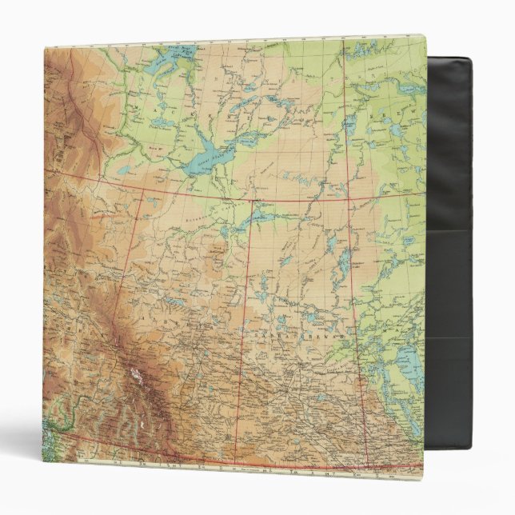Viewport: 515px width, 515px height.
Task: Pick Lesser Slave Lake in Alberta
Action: [x=175, y=301]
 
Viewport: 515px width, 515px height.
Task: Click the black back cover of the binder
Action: [x=448, y=240]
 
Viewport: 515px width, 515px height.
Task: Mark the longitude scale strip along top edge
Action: [x=240, y=42]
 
